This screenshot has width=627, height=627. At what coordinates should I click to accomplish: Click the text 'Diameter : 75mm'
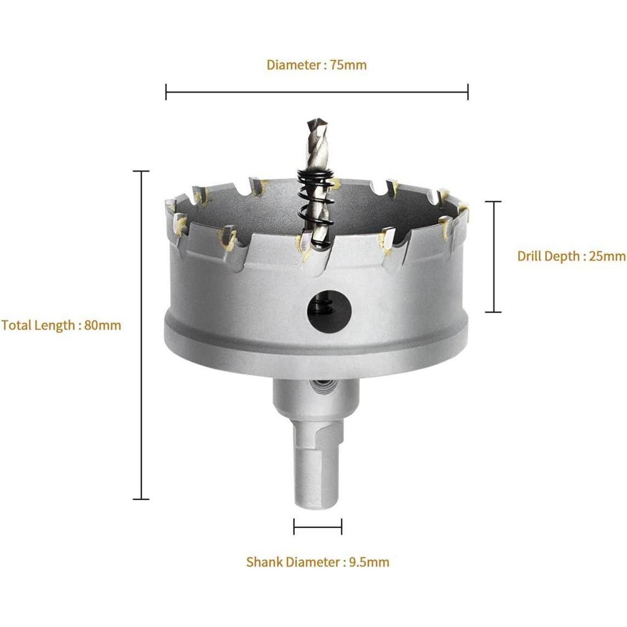point(316,65)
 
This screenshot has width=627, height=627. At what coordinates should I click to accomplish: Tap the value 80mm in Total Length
point(102,325)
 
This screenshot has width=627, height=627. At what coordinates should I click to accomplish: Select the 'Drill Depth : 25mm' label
point(571,256)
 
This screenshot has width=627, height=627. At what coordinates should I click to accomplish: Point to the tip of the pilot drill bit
point(312,121)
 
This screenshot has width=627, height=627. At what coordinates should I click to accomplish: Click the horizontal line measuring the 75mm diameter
point(317,92)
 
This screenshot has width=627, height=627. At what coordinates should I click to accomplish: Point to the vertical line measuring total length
point(141,335)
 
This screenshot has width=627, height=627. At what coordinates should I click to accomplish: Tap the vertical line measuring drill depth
point(493,257)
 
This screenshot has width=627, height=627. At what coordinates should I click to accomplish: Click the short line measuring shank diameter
point(318,527)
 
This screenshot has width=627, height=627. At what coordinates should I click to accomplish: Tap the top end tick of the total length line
point(141,171)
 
